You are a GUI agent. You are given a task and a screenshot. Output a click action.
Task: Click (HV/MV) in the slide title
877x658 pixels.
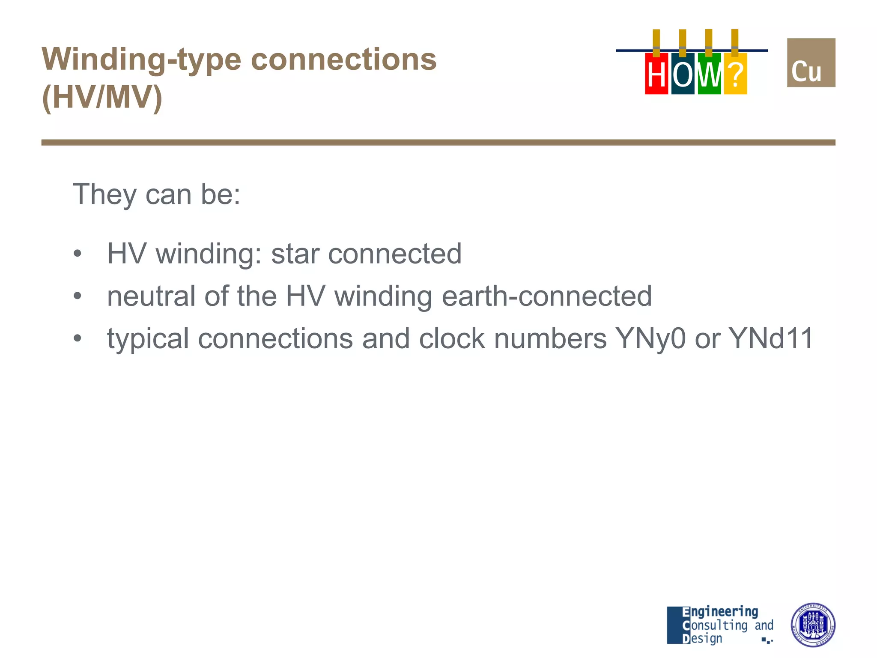(x=102, y=98)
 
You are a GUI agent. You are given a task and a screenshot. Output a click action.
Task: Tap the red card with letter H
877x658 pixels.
(x=656, y=74)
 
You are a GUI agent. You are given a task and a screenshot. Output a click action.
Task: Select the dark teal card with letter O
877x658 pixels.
(x=683, y=74)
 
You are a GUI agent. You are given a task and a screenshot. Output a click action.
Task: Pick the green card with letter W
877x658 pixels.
(x=709, y=74)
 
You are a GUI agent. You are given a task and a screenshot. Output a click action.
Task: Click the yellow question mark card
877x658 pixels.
(x=735, y=74)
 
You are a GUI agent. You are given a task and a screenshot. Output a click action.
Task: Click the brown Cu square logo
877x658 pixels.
(x=811, y=63)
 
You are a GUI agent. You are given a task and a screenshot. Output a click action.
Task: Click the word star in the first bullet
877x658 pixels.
(x=295, y=254)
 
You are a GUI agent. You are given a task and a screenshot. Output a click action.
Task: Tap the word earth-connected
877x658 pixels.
(x=546, y=296)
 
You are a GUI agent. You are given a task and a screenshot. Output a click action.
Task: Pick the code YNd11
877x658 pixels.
(x=771, y=339)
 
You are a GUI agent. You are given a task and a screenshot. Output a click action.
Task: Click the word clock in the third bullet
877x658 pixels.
(x=452, y=339)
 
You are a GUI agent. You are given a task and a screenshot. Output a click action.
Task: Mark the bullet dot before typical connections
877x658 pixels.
(x=77, y=339)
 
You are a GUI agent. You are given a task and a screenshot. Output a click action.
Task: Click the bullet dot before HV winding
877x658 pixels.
(x=77, y=254)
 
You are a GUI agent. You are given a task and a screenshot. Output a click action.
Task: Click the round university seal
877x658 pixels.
(x=812, y=625)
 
